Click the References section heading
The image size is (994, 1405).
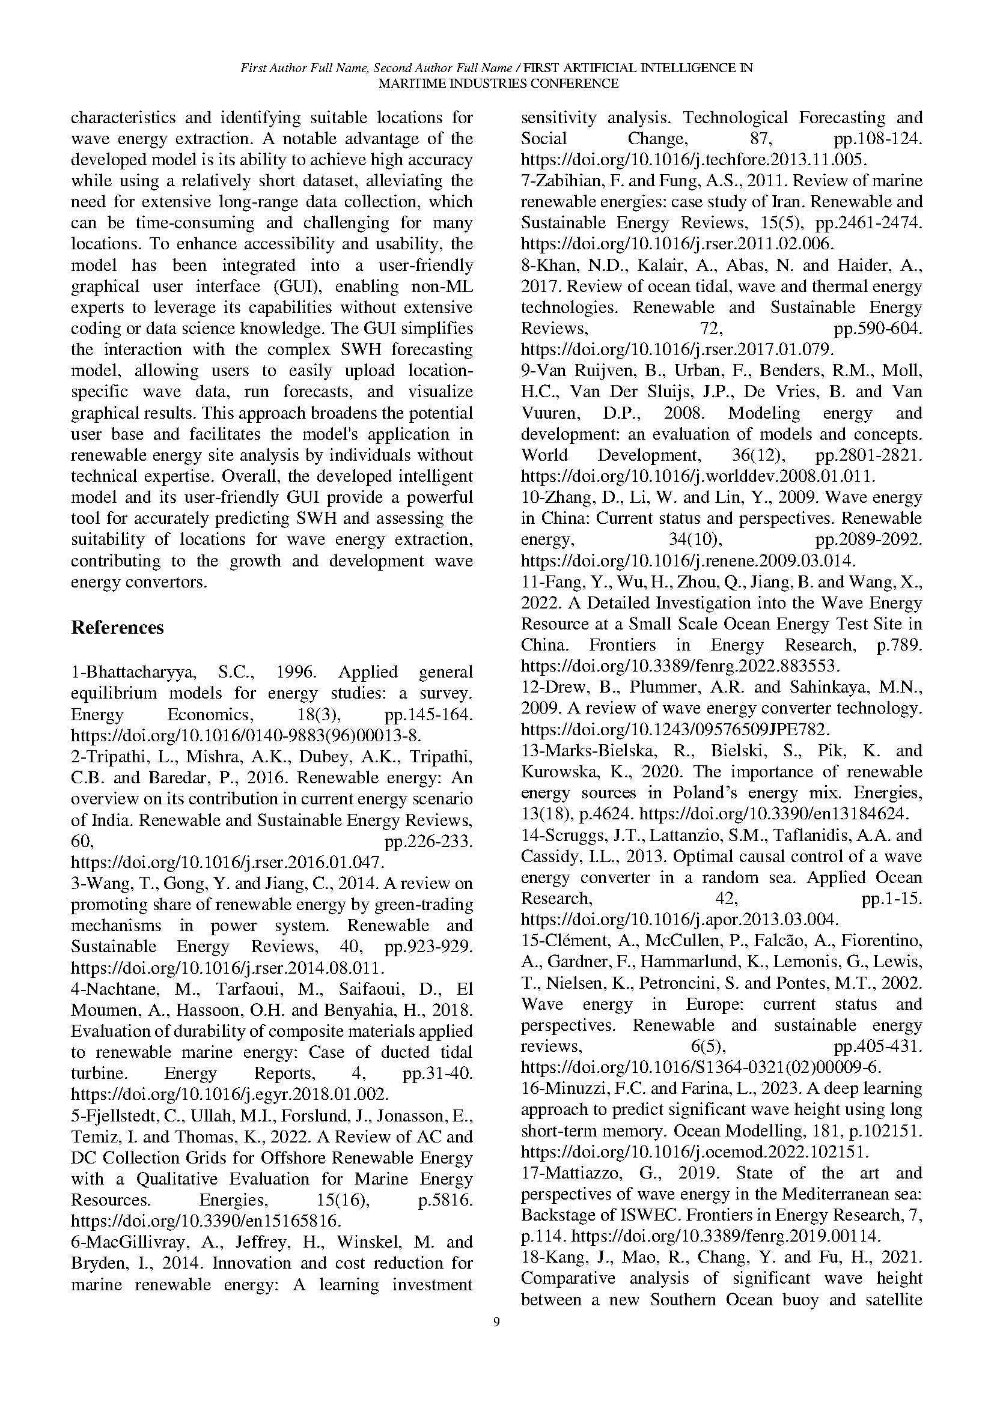pyautogui.click(x=118, y=628)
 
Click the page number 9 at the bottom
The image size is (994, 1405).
pyautogui.click(x=496, y=1322)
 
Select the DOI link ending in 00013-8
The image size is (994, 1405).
pyautogui.click(x=246, y=736)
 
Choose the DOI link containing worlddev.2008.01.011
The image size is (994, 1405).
pyautogui.click(x=698, y=476)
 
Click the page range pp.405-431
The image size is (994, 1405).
pyautogui.click(x=877, y=1046)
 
